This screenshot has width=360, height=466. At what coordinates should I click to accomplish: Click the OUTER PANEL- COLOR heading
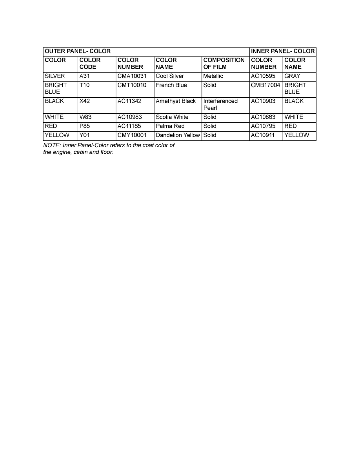(78, 51)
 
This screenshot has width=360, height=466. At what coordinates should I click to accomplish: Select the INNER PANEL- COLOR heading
(283, 51)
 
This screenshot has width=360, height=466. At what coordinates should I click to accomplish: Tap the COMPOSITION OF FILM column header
(224, 64)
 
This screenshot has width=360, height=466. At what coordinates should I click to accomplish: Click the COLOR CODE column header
(90, 64)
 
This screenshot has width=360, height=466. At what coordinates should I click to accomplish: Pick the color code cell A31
(85, 76)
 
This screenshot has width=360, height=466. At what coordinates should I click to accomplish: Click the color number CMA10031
(132, 76)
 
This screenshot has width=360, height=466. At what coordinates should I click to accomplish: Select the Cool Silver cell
(170, 76)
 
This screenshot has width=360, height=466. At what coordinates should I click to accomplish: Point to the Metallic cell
(213, 76)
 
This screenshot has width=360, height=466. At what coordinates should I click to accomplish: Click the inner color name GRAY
(292, 76)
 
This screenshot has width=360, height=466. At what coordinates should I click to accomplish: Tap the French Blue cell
(171, 85)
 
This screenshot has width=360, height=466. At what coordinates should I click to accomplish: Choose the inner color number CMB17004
(266, 85)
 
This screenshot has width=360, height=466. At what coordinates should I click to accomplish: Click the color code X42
(85, 101)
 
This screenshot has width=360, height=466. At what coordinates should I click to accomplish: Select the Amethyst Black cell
(176, 101)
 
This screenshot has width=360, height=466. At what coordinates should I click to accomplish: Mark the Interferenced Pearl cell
(220, 104)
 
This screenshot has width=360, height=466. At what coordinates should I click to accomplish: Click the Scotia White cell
(172, 117)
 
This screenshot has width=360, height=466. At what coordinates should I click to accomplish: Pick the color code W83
(85, 117)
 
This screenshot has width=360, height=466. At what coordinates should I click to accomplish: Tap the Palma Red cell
(170, 126)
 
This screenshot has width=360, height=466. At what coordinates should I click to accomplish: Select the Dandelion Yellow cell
(178, 135)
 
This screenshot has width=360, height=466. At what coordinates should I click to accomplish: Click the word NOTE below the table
(49, 145)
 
